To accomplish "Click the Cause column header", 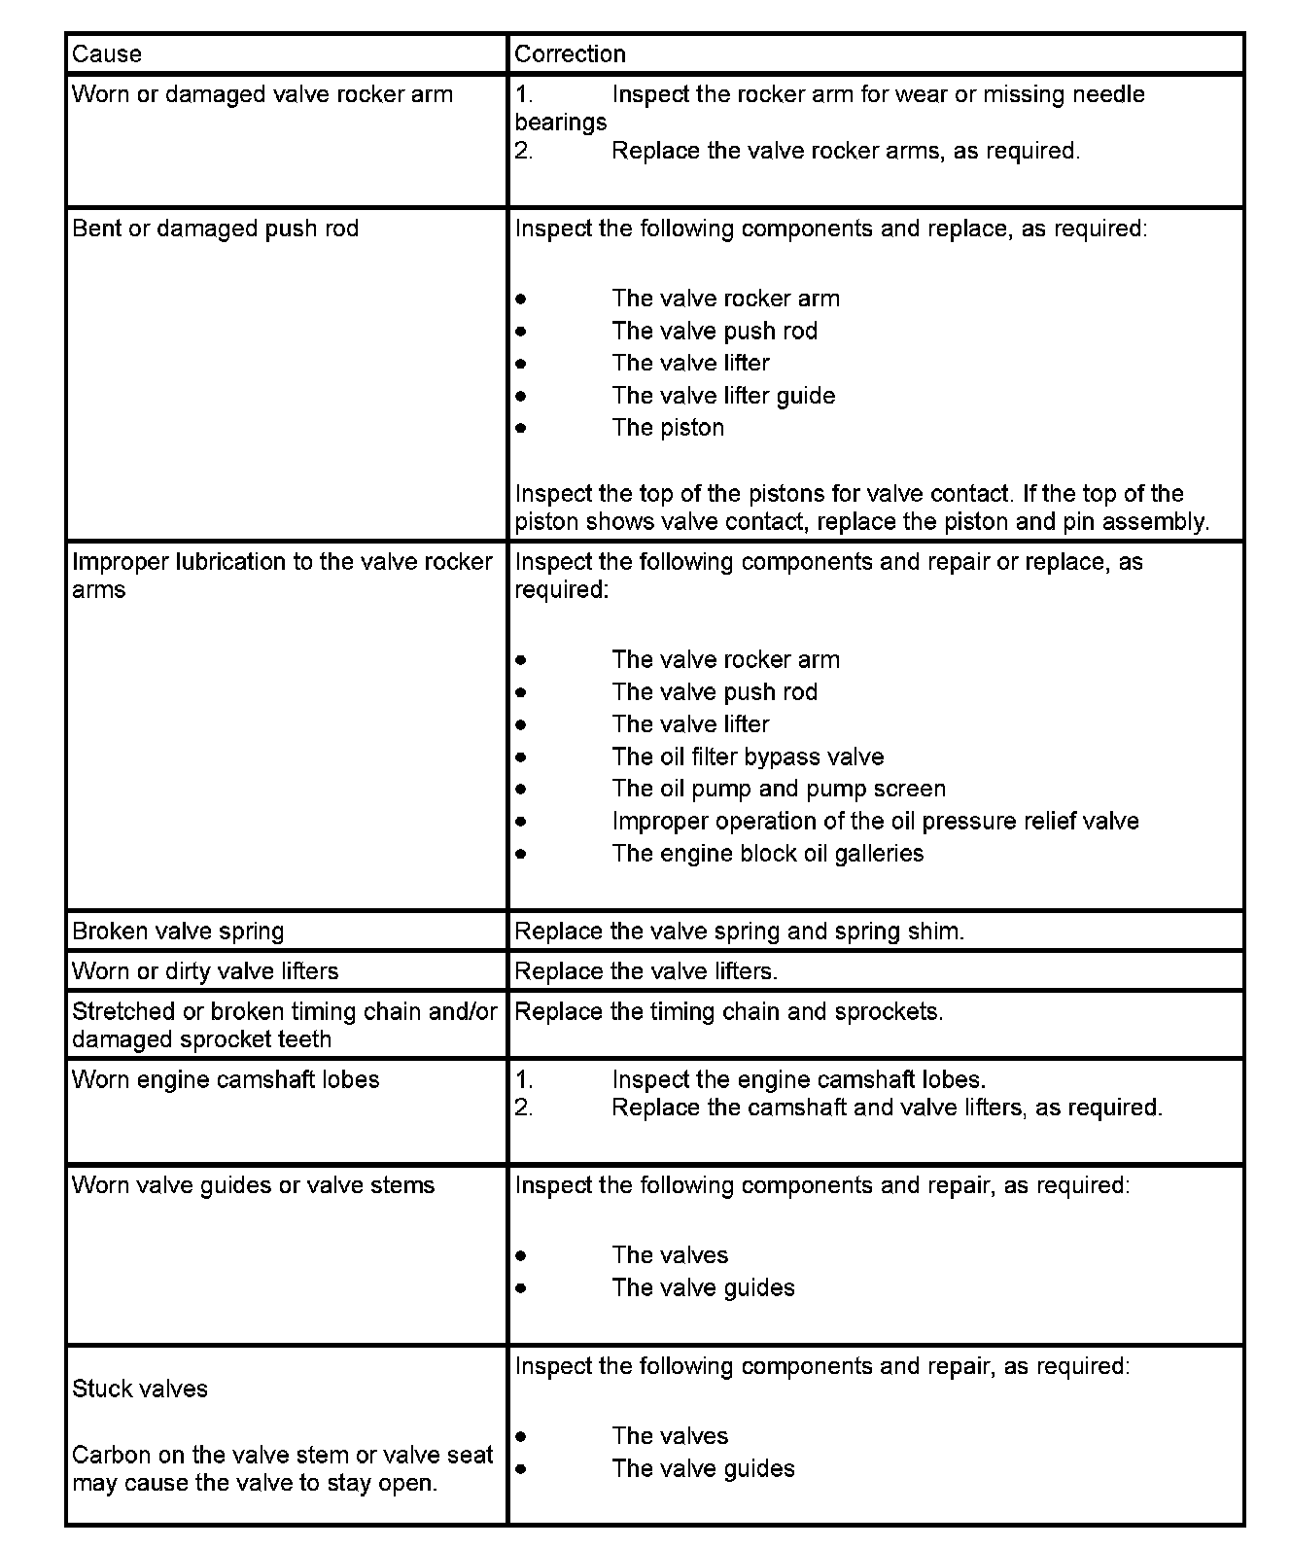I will coord(107,54).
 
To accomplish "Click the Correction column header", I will coord(570,54).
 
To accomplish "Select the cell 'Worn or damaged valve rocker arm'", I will coord(262,95).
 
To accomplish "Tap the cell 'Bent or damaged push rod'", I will coord(216,229).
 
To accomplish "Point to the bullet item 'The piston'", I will coord(668,428).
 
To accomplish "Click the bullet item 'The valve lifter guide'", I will coord(723,396).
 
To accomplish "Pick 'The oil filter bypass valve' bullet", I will coord(748,757).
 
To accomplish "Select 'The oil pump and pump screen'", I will coord(779,790).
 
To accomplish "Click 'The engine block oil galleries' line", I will coord(768,854).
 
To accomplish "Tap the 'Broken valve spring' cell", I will coord(178,932).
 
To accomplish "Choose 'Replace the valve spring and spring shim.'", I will coord(739,932).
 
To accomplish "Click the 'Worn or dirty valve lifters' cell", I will coord(205,971).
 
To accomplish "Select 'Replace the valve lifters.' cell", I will coord(645,971).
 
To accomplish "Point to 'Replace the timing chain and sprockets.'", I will coord(728,1012).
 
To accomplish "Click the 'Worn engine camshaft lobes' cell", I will coord(226,1080).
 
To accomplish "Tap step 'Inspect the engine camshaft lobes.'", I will coord(798,1080).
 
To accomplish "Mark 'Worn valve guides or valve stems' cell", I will coord(253,1186).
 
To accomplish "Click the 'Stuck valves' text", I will coord(140,1390).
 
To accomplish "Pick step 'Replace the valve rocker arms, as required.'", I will coord(846,152).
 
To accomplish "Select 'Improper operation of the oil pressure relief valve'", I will coord(875,822).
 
